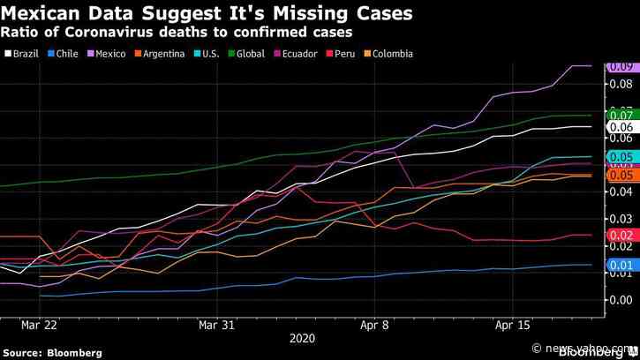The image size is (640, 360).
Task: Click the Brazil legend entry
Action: (21, 54)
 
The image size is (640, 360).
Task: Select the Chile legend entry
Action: (66, 54)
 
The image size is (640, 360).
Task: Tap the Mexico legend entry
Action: (112, 54)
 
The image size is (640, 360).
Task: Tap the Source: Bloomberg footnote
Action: (52, 352)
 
